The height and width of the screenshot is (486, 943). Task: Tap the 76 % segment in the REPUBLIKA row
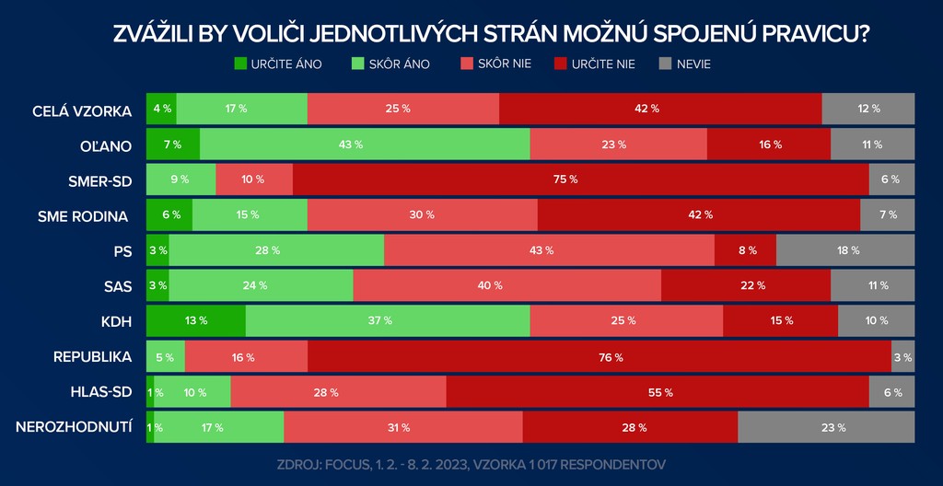click(x=600, y=357)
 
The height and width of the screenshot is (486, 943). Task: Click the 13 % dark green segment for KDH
click(x=196, y=321)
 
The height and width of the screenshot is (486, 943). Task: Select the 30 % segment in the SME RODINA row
click(x=423, y=215)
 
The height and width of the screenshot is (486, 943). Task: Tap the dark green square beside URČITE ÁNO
click(x=241, y=64)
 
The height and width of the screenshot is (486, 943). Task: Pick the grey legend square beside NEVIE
click(x=666, y=64)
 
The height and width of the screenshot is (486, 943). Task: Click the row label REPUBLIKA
click(x=93, y=357)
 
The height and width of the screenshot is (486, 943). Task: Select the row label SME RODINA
click(x=83, y=215)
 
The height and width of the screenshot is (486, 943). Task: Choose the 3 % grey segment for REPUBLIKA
click(x=902, y=357)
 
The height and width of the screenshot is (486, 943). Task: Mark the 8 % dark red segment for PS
click(x=745, y=250)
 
